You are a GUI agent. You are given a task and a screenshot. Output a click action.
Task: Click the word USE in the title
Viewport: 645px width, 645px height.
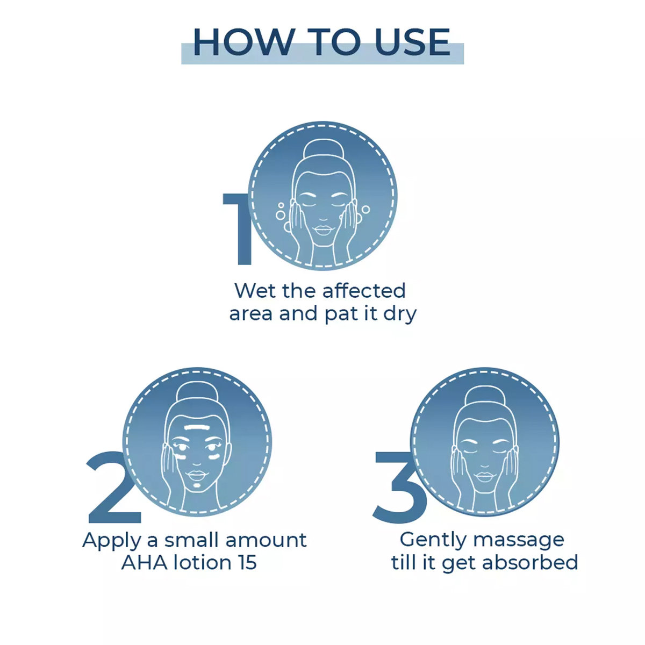tap(412, 42)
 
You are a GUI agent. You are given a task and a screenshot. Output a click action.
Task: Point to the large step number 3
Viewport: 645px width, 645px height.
tap(397, 486)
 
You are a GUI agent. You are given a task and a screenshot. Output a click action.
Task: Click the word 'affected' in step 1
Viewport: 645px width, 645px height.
tap(364, 291)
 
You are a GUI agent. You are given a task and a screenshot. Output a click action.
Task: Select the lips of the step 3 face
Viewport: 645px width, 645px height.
tap(485, 477)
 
